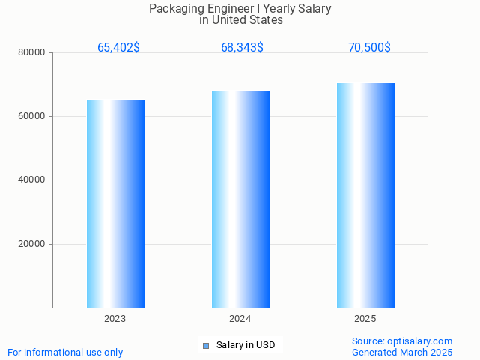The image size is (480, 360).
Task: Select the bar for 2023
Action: (x=115, y=204)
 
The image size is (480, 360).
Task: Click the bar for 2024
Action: (x=240, y=199)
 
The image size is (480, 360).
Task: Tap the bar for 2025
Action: (x=365, y=195)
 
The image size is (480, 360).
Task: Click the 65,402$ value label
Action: (x=118, y=48)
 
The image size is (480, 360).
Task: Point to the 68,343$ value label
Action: (x=242, y=48)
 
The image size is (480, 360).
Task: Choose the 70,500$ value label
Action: (x=369, y=48)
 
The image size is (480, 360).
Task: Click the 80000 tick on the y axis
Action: (x=32, y=52)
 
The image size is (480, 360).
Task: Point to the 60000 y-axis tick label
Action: (x=32, y=117)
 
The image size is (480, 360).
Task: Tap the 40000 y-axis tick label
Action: (x=32, y=180)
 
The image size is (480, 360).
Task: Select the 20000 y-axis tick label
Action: (x=32, y=244)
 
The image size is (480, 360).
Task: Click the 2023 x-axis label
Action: (x=115, y=319)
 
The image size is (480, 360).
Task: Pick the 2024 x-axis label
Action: (x=240, y=319)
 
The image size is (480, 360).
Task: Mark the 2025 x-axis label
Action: (x=365, y=319)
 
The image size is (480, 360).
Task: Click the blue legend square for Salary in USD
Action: (x=206, y=345)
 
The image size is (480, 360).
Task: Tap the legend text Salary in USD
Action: (x=246, y=345)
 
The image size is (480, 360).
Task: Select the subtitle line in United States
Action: (x=240, y=20)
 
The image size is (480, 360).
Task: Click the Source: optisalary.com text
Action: (x=402, y=341)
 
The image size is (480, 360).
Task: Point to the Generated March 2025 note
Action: (x=402, y=352)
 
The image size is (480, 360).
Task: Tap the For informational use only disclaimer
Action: (x=65, y=352)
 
